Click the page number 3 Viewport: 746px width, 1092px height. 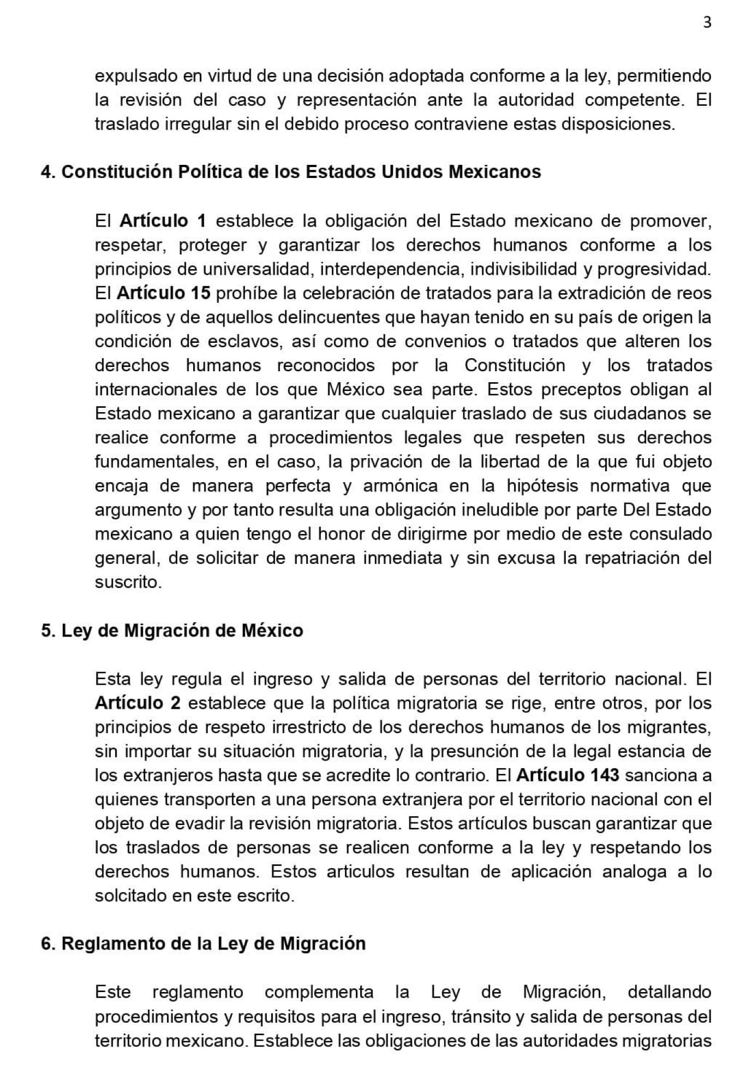click(707, 22)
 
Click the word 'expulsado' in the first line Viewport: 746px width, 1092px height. click(136, 76)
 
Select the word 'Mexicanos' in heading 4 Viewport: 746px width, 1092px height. click(494, 172)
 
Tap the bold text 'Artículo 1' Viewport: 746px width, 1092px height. click(163, 221)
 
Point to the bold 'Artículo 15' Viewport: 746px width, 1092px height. click(163, 293)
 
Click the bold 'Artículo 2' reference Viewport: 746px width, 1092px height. click(138, 703)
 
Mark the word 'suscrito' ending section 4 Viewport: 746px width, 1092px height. click(128, 582)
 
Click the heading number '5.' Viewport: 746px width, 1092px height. click(49, 631)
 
